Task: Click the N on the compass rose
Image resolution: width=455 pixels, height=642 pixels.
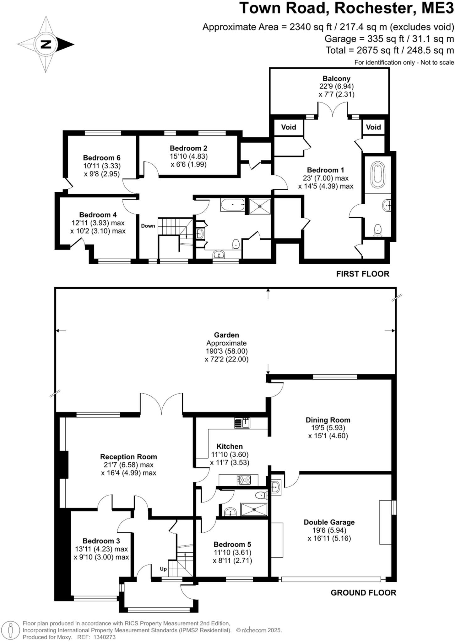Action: tap(46, 44)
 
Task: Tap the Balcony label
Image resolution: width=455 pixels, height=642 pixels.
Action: tap(336, 79)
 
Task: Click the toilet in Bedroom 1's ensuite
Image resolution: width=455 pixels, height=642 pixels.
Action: tap(378, 230)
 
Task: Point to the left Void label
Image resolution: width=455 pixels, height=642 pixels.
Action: tap(288, 127)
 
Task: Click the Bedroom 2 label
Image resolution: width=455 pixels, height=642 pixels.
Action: tap(188, 148)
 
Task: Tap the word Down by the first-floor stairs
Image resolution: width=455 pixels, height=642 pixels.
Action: tap(148, 226)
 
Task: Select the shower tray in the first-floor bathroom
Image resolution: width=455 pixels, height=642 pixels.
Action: tap(260, 206)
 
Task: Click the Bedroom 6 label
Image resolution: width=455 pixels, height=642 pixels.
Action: tap(102, 158)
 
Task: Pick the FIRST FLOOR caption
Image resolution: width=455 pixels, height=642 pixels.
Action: tap(363, 274)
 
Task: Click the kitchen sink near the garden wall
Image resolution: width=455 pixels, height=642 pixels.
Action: tap(242, 423)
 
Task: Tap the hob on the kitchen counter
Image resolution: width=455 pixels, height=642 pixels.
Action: tap(244, 480)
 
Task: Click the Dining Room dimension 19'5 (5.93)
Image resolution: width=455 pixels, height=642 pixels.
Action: tap(328, 428)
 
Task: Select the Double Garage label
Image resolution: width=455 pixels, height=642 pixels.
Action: tap(329, 522)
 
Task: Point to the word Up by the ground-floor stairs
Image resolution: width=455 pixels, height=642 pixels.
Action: tap(163, 569)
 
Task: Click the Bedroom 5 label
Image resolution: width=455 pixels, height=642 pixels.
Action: tap(232, 545)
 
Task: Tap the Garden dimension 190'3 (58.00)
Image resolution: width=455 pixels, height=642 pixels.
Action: tap(226, 351)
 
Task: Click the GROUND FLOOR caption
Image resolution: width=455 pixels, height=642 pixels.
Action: tap(363, 593)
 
